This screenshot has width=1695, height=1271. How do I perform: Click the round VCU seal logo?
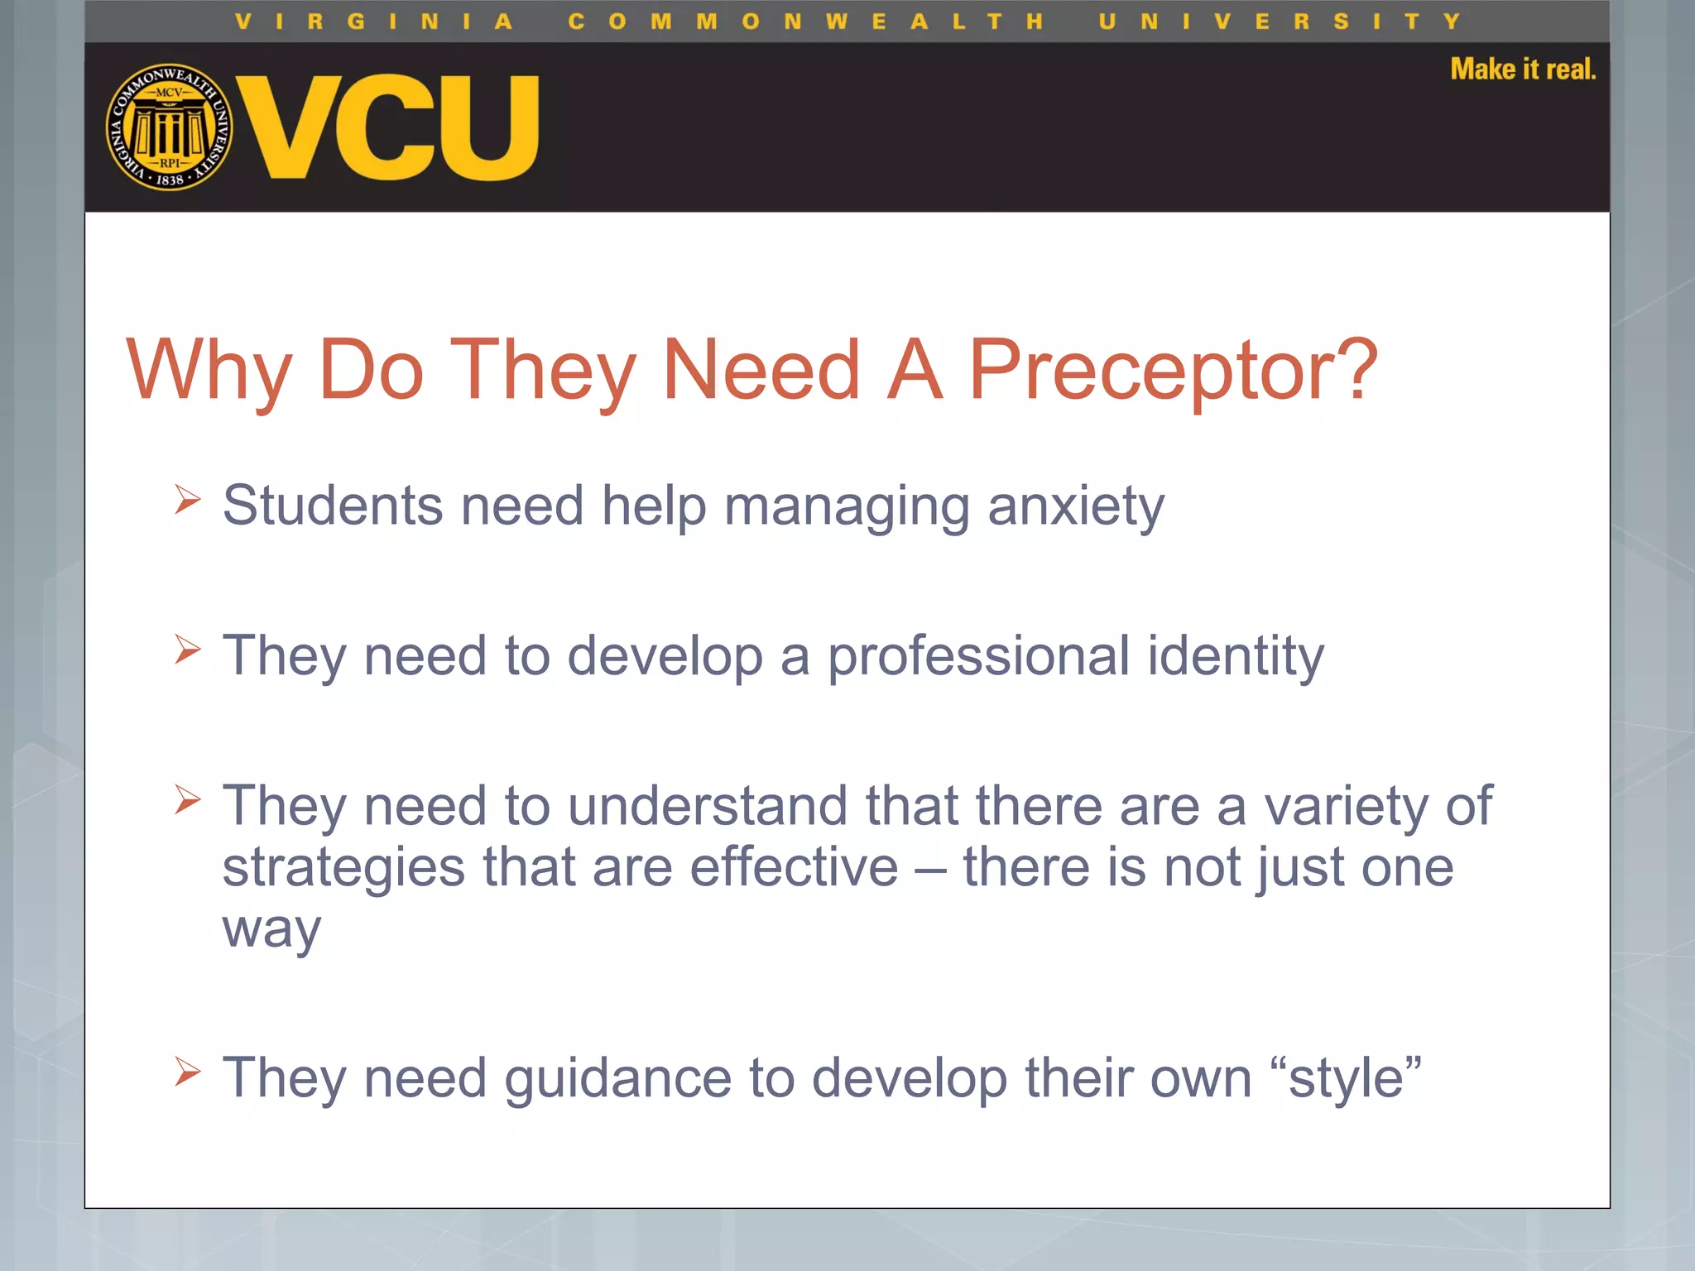pyautogui.click(x=169, y=127)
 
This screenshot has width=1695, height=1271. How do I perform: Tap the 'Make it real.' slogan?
pyautogui.click(x=1522, y=70)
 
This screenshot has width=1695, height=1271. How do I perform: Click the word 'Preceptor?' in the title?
pyautogui.click(x=1172, y=371)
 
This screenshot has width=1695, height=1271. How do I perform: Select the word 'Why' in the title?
pyautogui.click(x=209, y=371)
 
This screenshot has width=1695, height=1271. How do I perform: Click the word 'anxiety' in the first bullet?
pyautogui.click(x=1075, y=506)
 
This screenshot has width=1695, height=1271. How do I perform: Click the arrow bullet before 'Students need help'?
pyautogui.click(x=188, y=499)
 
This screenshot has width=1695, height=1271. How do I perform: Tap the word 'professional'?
pyautogui.click(x=978, y=656)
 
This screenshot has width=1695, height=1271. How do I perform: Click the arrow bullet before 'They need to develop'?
pyautogui.click(x=188, y=650)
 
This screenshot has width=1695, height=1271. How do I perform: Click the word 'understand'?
pyautogui.click(x=708, y=805)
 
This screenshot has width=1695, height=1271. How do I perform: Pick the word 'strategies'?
pyautogui.click(x=343, y=869)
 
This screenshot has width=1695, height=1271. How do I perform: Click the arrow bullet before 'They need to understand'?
pyautogui.click(x=188, y=799)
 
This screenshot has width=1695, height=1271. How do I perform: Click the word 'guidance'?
pyautogui.click(x=617, y=1079)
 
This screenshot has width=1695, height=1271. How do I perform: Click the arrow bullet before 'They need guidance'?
pyautogui.click(x=188, y=1072)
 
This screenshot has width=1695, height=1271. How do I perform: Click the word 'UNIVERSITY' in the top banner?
pyautogui.click(x=1280, y=22)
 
